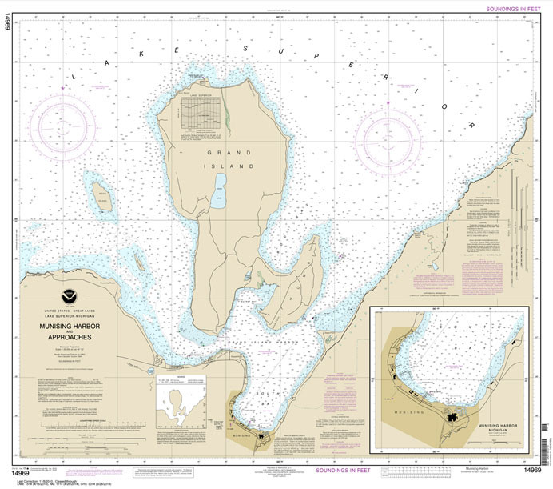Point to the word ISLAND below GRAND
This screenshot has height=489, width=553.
pyautogui.click(x=238, y=166)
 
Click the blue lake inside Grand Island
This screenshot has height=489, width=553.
pyautogui.click(x=218, y=196)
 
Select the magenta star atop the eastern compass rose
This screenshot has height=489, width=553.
pyautogui.click(x=388, y=104)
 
